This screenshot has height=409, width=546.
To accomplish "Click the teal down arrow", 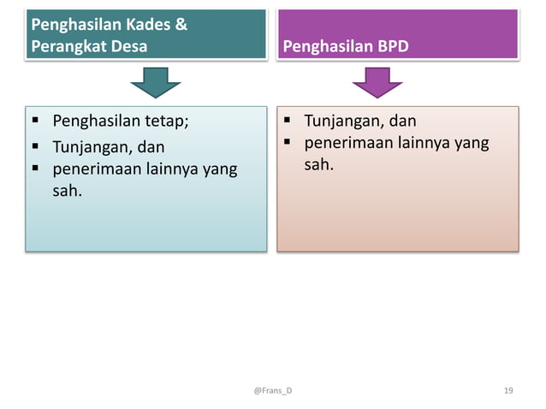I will [x=155, y=84].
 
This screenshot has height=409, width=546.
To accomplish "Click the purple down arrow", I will [x=377, y=84].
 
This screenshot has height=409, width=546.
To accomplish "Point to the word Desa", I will [x=128, y=45].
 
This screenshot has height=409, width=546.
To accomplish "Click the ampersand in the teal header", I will [x=180, y=25].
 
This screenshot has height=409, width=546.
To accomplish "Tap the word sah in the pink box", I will [x=318, y=163].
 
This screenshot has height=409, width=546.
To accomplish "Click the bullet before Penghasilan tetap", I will [x=35, y=122].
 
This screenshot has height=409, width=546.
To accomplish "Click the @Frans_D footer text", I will [x=272, y=390].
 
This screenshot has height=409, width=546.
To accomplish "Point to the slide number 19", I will [x=508, y=390].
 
